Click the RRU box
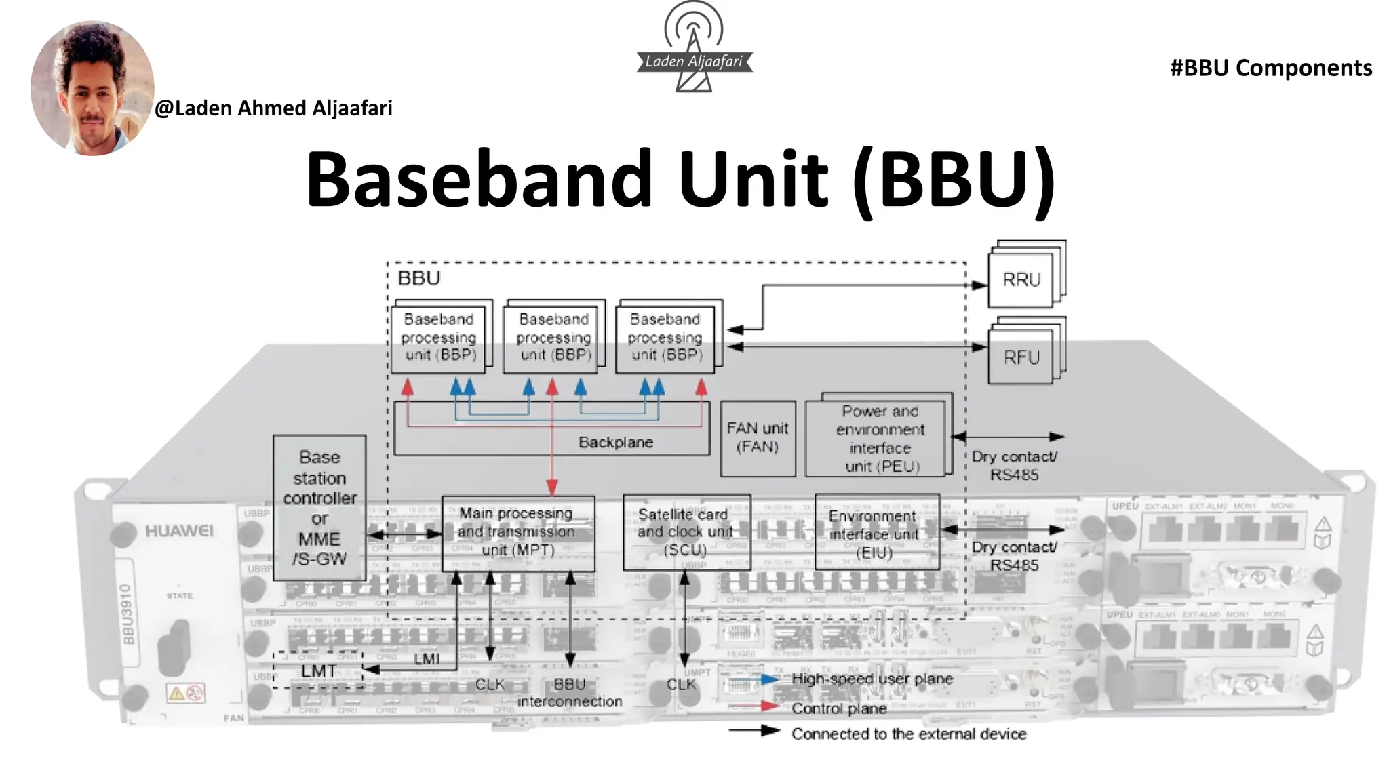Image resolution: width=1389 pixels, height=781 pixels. [1021, 279]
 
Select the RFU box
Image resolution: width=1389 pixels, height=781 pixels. [1021, 357]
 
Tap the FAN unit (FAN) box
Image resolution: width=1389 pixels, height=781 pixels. [758, 437]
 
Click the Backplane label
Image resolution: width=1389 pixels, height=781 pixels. [616, 442]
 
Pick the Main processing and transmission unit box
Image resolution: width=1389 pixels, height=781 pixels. [517, 532]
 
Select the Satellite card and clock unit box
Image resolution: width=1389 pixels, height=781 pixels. [686, 532]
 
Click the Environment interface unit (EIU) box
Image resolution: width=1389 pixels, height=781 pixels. [876, 533]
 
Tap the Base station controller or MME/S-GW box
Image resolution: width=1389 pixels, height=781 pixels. [319, 508]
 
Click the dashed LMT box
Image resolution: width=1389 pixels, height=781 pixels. [318, 670]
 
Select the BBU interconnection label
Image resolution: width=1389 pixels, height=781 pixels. [569, 693]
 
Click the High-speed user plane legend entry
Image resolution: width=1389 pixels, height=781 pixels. [872, 679]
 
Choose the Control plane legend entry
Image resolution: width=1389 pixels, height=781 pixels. [838, 708]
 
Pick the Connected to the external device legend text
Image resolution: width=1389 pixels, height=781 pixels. [909, 734]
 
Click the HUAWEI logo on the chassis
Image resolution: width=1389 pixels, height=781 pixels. [179, 531]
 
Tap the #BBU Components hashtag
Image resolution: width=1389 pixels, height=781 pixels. [1270, 68]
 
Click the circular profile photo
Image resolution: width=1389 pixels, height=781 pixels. [92, 88]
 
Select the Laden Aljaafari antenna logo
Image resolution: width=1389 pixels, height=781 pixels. [694, 47]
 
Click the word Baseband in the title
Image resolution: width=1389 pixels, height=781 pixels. [479, 179]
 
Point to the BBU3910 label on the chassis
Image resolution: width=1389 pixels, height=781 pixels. [127, 614]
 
